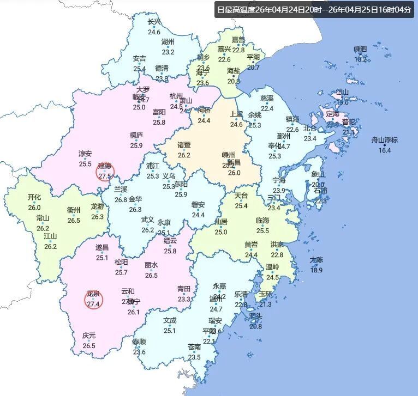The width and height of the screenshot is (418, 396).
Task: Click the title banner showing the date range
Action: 315,10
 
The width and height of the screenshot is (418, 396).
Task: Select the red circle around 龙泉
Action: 93,299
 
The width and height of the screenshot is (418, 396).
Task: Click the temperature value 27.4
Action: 93,304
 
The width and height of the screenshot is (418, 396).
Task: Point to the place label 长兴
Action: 154,22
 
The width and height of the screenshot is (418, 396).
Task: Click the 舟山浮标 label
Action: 385,140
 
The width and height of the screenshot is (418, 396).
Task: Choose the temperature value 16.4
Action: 385,150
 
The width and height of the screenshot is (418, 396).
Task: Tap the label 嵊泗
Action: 361,49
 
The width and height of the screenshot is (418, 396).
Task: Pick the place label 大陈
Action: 317,260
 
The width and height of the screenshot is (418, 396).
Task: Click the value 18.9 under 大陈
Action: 317,270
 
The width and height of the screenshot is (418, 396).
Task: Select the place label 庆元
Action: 89,336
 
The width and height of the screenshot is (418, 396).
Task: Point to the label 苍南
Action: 194,347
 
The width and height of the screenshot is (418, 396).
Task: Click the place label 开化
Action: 34,197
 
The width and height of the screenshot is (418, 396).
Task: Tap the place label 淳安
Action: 85,154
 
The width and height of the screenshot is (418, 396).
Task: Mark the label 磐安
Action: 198,205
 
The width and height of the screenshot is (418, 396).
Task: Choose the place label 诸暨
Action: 184,145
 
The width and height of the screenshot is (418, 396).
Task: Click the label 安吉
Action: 140,59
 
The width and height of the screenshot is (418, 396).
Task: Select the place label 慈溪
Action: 267,99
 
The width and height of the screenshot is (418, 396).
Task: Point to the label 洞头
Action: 255,316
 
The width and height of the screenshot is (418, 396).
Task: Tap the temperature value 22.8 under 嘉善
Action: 238,50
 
